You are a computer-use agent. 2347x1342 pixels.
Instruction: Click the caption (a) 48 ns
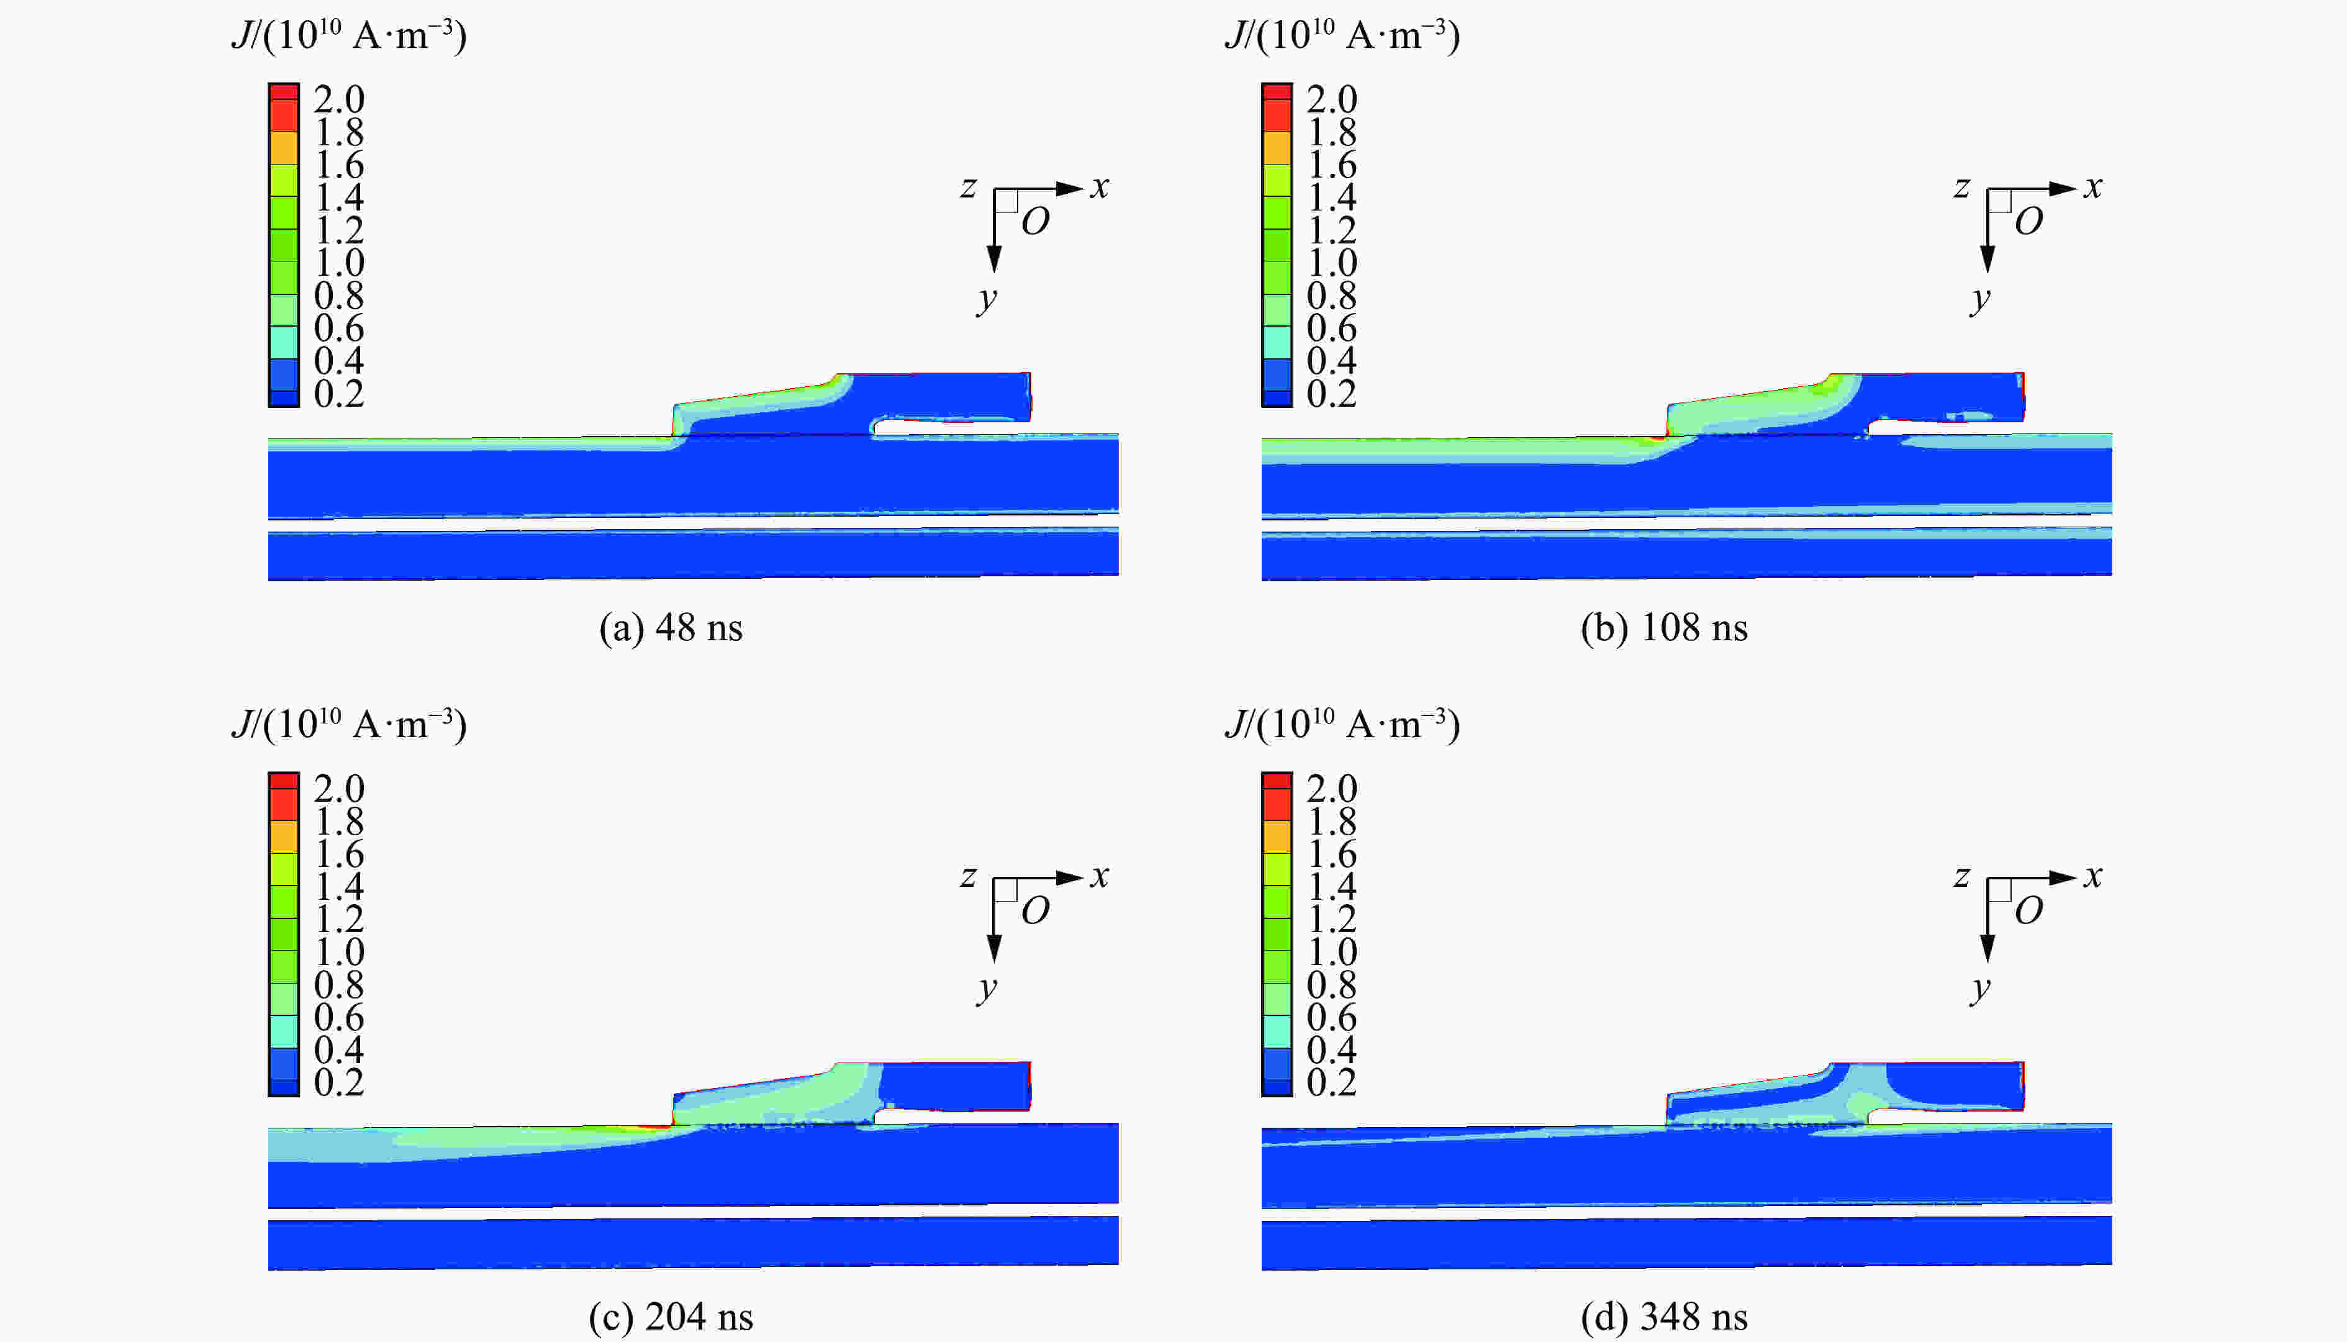click(670, 628)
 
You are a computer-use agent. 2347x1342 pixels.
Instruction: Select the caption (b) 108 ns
click(1663, 628)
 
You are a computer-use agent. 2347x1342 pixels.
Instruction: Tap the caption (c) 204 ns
click(670, 1317)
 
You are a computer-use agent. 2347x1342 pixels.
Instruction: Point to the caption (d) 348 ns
click(1663, 1317)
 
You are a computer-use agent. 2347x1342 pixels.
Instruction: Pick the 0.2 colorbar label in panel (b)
click(1332, 394)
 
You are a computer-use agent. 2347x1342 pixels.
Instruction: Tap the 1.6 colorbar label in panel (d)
click(1332, 853)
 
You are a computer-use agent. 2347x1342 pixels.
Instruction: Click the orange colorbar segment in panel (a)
click(284, 147)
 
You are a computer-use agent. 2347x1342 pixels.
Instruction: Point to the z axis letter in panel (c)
click(967, 876)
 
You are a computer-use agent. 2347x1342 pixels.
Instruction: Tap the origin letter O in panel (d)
click(2028, 910)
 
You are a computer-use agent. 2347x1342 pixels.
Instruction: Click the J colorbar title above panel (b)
click(1342, 35)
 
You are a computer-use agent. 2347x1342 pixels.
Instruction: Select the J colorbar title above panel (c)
click(348, 725)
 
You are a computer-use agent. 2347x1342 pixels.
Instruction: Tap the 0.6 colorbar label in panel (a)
click(338, 328)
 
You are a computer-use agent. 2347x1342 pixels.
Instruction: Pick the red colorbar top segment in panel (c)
click(284, 782)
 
